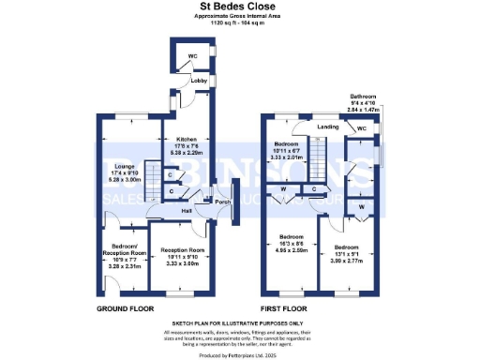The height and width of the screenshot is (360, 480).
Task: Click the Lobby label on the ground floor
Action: point(198,81)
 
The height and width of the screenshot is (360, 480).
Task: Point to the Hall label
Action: point(187,210)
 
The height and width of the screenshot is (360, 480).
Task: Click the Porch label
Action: point(222,202)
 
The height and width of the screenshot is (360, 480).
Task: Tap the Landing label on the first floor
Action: point(327,126)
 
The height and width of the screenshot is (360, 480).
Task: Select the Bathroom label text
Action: point(364,97)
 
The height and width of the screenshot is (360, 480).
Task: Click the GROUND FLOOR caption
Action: point(126,308)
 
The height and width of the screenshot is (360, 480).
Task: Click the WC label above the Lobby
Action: point(192,56)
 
